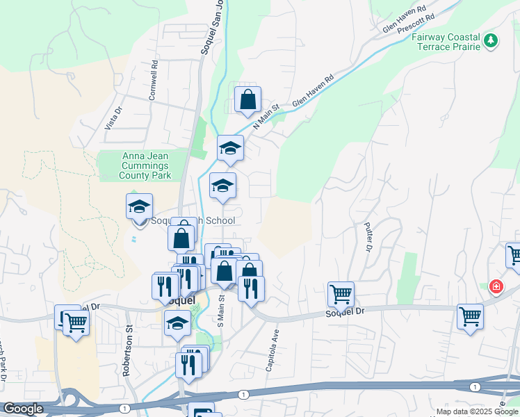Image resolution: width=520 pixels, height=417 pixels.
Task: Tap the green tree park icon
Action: pyautogui.click(x=491, y=41)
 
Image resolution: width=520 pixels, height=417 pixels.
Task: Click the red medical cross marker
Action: pyautogui.click(x=496, y=286)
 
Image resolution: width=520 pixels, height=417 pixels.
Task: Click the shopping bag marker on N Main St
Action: pyautogui.click(x=247, y=100)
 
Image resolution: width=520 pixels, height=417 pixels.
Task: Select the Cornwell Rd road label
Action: pyautogui.click(x=153, y=81)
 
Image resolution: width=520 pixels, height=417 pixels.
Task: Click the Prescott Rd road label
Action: pyautogui.click(x=416, y=25)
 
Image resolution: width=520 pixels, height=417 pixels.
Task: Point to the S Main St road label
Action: pyautogui.click(x=220, y=310)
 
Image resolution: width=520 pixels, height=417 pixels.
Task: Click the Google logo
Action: pyautogui.click(x=23, y=409)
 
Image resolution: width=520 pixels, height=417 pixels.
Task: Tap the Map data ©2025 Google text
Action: pyautogui.click(x=477, y=411)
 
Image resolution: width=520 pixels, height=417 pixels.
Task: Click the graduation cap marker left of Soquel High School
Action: pyautogui.click(x=139, y=206)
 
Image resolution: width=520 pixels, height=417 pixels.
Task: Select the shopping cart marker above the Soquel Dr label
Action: pyautogui.click(x=341, y=294)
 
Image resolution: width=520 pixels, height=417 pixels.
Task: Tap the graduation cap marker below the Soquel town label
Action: pyautogui.click(x=177, y=324)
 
